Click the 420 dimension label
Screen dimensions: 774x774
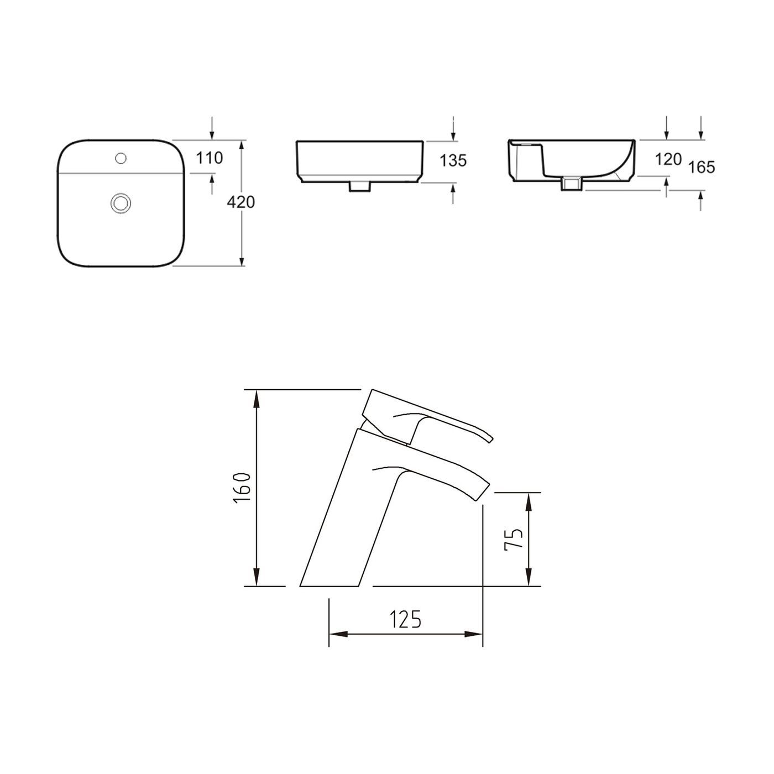tap(241, 202)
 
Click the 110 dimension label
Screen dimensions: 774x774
tap(210, 158)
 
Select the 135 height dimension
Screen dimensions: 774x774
tap(453, 160)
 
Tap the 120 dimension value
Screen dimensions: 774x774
tap(668, 160)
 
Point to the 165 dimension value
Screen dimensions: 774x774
tap(702, 166)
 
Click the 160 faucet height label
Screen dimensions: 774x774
tap(242, 488)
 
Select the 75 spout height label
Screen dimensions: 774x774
tap(513, 540)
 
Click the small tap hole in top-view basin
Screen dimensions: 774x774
tap(121, 158)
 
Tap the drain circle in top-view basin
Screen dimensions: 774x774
tap(120, 202)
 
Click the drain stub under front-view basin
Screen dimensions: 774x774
tap(359, 187)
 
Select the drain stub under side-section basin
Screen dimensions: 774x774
tap(572, 184)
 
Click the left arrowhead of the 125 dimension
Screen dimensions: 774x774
tap(334, 634)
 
